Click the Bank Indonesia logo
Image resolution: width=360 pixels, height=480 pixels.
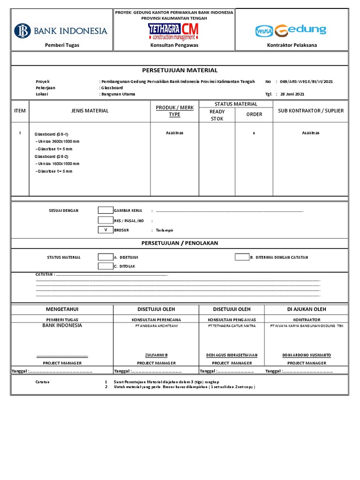tap(61, 31)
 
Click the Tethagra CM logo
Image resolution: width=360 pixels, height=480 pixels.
tap(173, 31)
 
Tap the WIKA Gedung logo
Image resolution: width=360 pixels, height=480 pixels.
tap(291, 31)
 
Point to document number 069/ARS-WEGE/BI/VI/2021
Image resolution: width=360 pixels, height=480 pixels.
tap(306, 82)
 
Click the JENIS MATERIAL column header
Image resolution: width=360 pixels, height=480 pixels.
tap(90, 111)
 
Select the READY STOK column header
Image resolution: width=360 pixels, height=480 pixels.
tap(217, 115)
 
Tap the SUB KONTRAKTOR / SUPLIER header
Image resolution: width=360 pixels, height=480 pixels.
tap(310, 111)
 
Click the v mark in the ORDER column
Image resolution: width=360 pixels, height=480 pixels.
tap(254, 133)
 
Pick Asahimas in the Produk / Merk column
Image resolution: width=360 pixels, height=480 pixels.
tap(174, 133)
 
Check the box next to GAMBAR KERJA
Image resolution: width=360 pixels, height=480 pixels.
tap(105, 210)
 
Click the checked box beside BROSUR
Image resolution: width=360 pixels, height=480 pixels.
tap(105, 230)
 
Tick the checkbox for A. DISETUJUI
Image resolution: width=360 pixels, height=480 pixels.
tap(105, 257)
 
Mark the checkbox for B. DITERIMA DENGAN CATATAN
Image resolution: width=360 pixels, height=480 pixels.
tap(242, 257)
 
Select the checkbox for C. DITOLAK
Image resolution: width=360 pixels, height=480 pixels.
tap(105, 266)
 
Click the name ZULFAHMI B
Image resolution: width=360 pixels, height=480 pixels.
tap(156, 355)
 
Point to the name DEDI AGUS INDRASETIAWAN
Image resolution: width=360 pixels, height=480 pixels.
tap(232, 355)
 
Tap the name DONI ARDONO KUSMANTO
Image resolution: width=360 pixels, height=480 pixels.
tap(307, 355)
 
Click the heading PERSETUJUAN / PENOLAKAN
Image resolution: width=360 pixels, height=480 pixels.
tap(180, 243)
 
